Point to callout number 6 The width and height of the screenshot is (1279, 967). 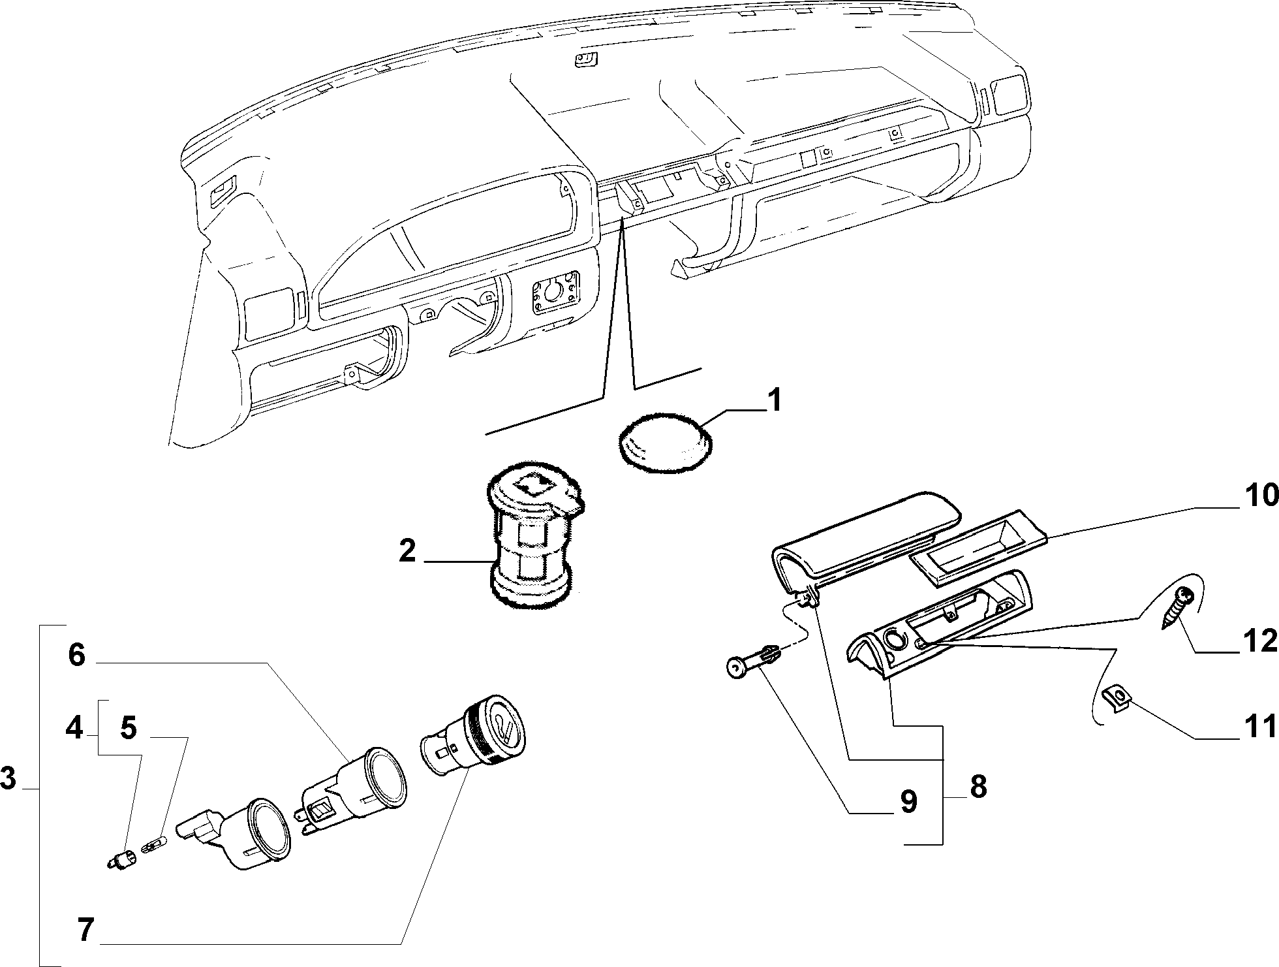tap(76, 654)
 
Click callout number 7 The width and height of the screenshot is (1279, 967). tap(86, 930)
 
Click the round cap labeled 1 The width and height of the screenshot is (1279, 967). tap(665, 439)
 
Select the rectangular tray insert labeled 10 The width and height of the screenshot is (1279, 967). tap(977, 546)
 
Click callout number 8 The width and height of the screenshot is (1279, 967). tap(978, 787)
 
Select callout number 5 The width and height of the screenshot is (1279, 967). tap(129, 727)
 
